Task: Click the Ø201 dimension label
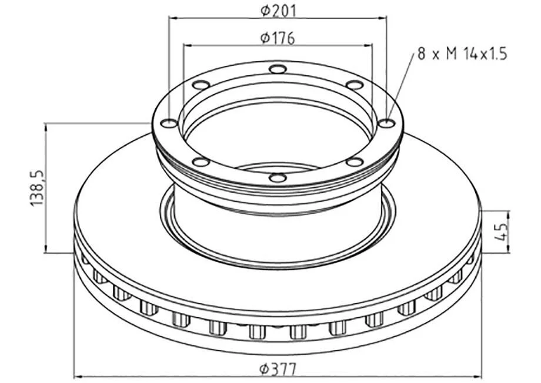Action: click(x=278, y=11)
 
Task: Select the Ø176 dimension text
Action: click(x=278, y=38)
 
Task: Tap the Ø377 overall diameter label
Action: click(x=278, y=369)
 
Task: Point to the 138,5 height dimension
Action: click(x=37, y=188)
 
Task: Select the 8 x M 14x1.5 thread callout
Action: click(x=462, y=54)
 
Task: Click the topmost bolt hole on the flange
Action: click(x=278, y=69)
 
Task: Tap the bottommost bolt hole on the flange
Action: click(x=278, y=178)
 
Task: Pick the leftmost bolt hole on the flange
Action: click(x=170, y=123)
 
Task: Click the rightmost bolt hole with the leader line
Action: click(x=386, y=123)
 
